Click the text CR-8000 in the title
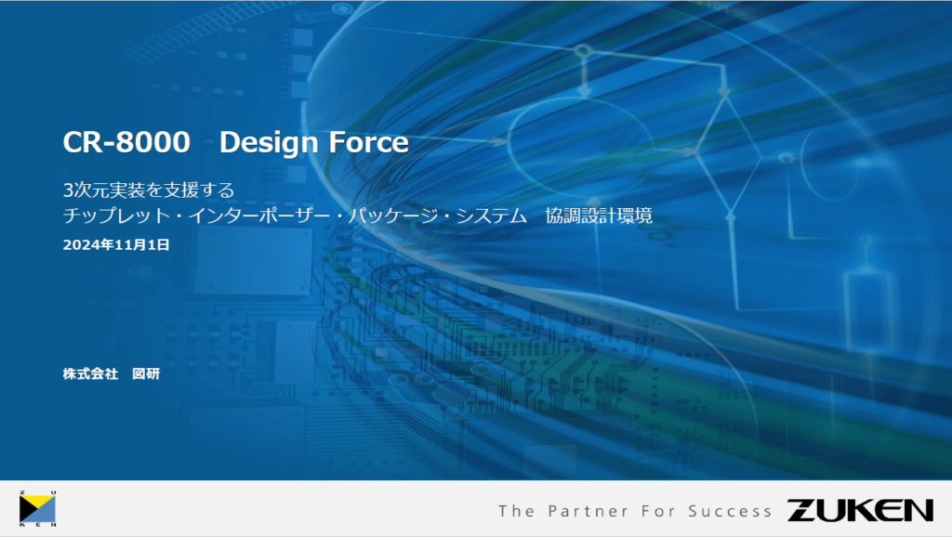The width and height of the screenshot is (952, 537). tap(126, 142)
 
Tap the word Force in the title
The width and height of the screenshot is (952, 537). tap(369, 142)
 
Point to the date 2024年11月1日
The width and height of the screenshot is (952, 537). tap(116, 244)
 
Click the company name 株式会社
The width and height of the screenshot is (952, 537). tap(90, 373)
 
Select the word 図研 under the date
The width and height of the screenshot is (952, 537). tap(146, 373)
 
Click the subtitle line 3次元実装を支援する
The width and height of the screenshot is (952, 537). tap(149, 190)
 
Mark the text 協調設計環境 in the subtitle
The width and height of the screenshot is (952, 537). tap(599, 216)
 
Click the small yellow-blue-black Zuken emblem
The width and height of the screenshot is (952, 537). tap(37, 509)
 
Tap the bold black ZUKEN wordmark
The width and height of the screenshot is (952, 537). tap(860, 510)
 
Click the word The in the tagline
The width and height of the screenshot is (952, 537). tap(516, 512)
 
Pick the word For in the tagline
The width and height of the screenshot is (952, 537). tap(658, 512)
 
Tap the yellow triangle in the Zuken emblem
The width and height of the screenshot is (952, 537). tap(40, 502)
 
